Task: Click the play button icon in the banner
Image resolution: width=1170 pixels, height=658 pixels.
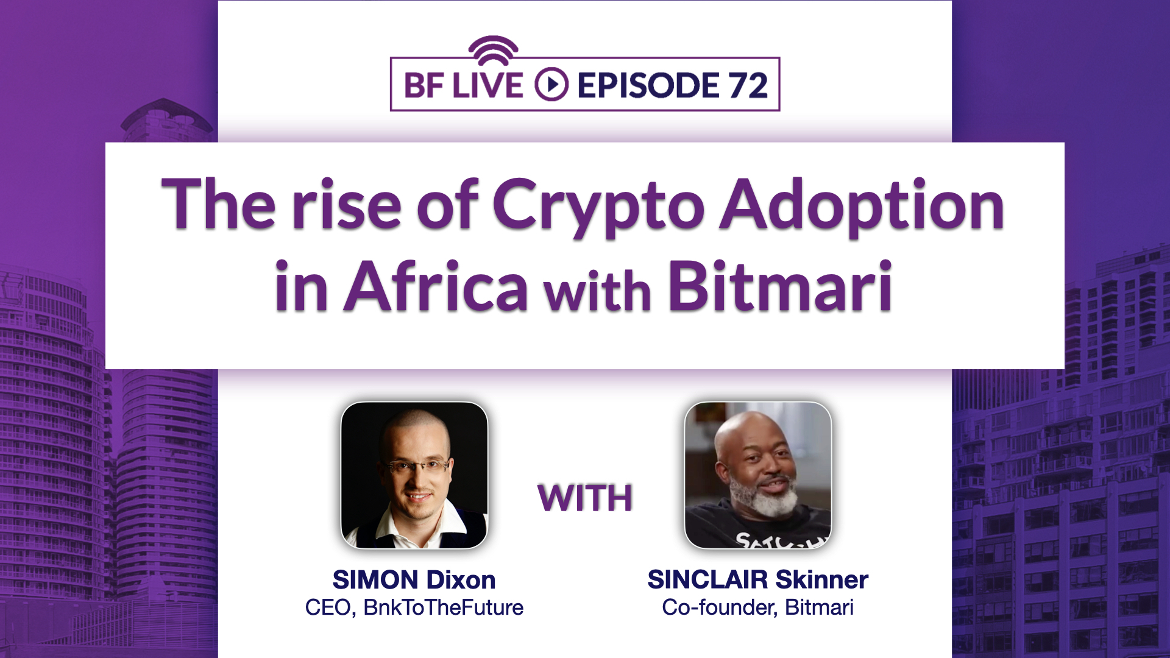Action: pyautogui.click(x=551, y=85)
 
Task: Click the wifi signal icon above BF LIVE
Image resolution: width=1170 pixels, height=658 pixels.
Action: pyautogui.click(x=493, y=50)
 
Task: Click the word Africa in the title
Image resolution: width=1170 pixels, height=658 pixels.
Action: pyautogui.click(x=436, y=286)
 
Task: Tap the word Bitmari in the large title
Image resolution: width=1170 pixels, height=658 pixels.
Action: pyautogui.click(x=781, y=285)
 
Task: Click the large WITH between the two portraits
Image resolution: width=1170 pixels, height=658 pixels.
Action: pyautogui.click(x=585, y=498)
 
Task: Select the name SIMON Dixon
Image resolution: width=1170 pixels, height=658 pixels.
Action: pyautogui.click(x=414, y=579)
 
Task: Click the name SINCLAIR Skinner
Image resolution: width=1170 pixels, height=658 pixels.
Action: pyautogui.click(x=757, y=579)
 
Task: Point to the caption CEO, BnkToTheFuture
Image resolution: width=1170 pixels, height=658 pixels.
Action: pyautogui.click(x=414, y=607)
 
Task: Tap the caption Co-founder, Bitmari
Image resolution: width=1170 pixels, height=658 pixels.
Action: pyautogui.click(x=757, y=607)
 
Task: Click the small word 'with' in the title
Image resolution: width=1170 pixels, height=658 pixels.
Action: pyautogui.click(x=598, y=292)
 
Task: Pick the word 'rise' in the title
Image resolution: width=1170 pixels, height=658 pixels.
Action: pyautogui.click(x=346, y=206)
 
